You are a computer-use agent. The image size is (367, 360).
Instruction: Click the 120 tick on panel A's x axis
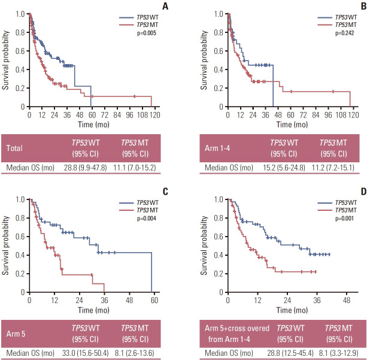point(151,114)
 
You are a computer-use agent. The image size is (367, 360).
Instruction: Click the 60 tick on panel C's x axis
point(151,300)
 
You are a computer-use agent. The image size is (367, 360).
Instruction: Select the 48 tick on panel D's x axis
point(346,300)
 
